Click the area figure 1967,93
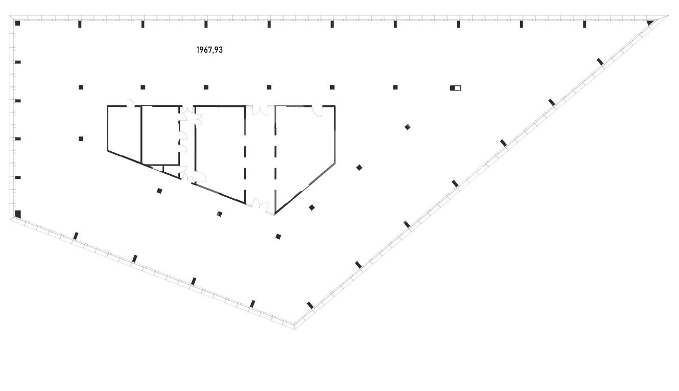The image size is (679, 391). pyautogui.click(x=209, y=50)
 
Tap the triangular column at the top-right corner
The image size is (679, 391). pyautogui.click(x=650, y=23)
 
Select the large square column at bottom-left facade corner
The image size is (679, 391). pyautogui.click(x=18, y=214)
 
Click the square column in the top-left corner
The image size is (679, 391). pyautogui.click(x=17, y=23)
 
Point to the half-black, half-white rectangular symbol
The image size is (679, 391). pyautogui.click(x=455, y=88)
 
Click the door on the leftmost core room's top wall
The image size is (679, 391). pyautogui.click(x=130, y=103)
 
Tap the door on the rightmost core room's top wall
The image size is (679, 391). pyautogui.click(x=317, y=111)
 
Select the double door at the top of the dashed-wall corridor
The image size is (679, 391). pyautogui.click(x=261, y=110)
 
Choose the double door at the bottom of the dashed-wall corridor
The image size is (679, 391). pyautogui.click(x=261, y=205)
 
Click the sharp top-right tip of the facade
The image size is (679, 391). pyautogui.click(x=668, y=16)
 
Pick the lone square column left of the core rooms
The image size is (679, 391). pyautogui.click(x=81, y=139)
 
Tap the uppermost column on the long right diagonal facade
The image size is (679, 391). pyautogui.click(x=600, y=61)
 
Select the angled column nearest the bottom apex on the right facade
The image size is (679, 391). pyautogui.click(x=310, y=305)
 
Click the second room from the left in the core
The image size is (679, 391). pyautogui.click(x=160, y=135)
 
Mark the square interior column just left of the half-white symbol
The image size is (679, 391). pyautogui.click(x=395, y=87)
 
